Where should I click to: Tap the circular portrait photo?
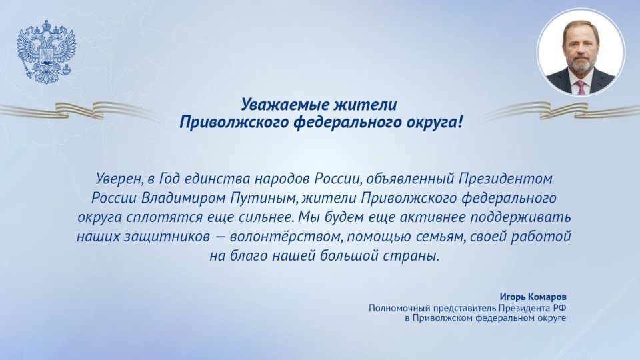pos(581,53)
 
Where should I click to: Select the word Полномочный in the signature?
pos(399,308)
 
